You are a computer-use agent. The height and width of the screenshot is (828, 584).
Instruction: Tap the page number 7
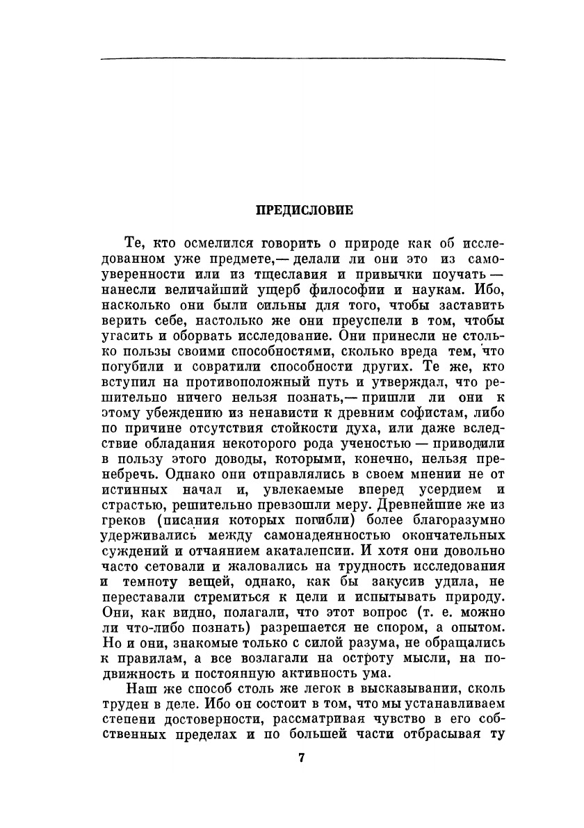(x=302, y=758)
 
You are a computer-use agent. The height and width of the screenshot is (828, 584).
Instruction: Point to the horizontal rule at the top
(x=302, y=59)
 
